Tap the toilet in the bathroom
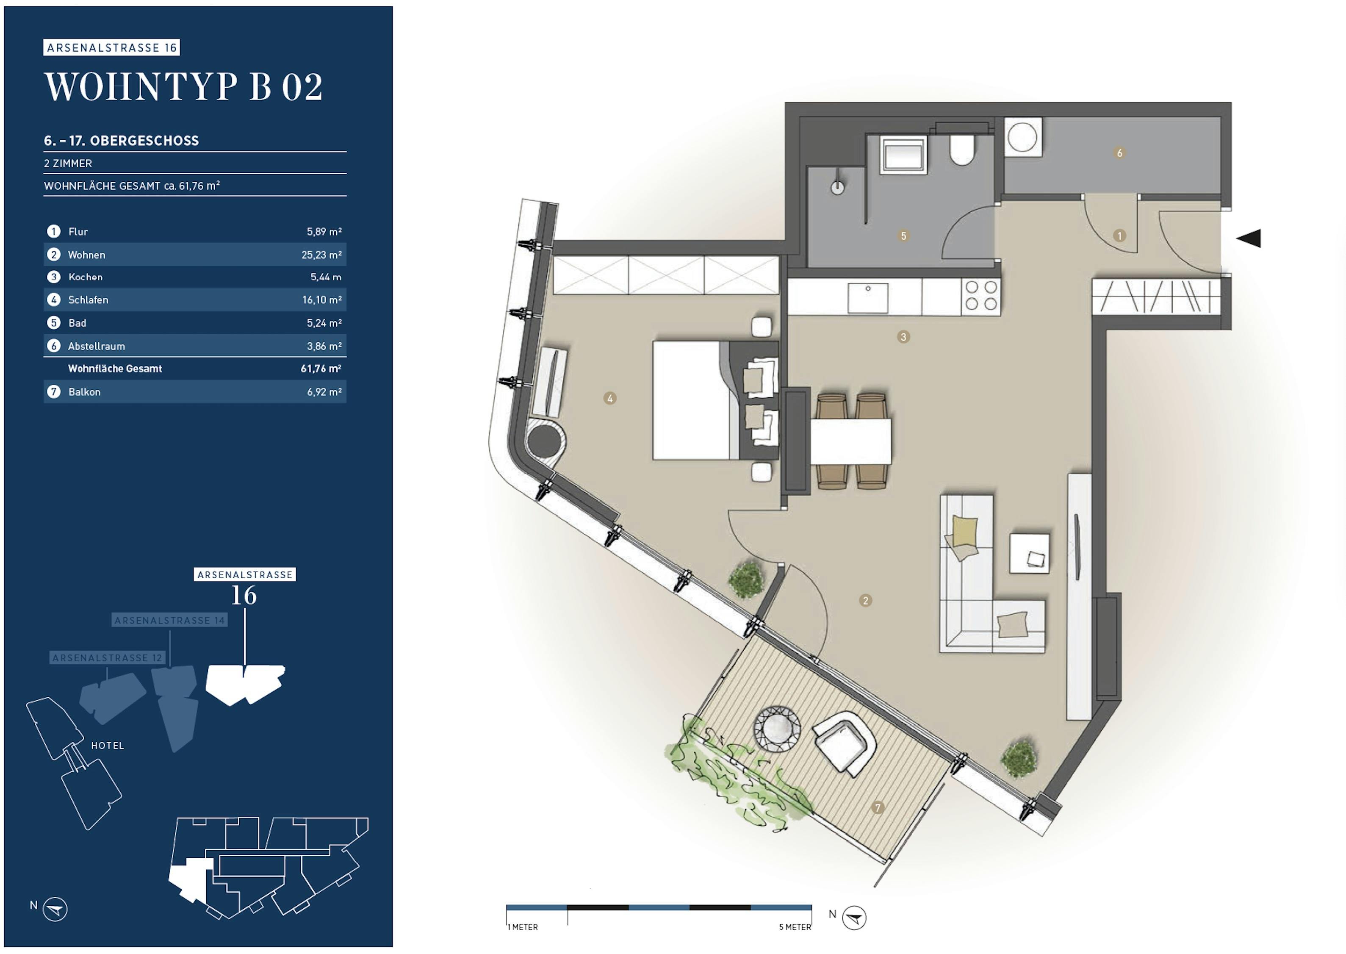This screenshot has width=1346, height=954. coord(963,150)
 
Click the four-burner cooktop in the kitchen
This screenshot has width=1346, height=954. coord(981,296)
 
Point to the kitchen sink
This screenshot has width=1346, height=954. coord(868,298)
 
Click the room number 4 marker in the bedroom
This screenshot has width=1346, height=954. coord(609,398)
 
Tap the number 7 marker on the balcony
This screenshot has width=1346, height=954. coord(878,808)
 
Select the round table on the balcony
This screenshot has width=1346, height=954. coord(777,729)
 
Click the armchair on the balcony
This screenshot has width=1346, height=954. coord(845,743)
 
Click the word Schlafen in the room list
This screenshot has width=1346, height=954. coord(88,300)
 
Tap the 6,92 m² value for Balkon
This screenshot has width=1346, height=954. coord(324,392)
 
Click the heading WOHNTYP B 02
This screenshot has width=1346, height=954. coord(183,87)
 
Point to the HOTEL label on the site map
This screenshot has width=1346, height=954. coord(108,746)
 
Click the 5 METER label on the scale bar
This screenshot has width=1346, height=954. coord(795,927)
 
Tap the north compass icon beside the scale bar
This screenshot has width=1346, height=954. coord(854,918)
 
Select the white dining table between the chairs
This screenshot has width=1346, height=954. coord(850,441)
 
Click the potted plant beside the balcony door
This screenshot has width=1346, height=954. coord(746,580)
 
